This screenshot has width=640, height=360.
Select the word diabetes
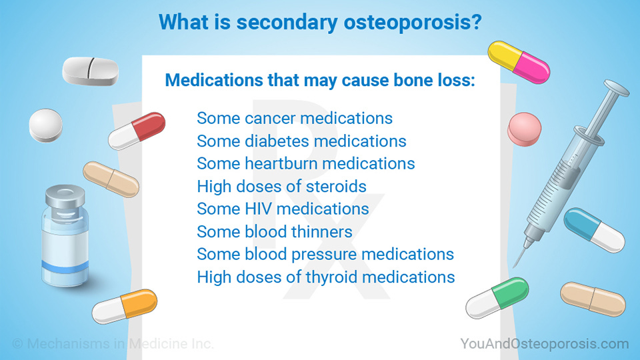(275, 141)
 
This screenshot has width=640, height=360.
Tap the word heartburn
(281, 164)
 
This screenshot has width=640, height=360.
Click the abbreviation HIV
(259, 209)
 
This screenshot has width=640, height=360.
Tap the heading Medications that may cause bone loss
(319, 81)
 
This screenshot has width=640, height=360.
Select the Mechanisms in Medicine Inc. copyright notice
(113, 344)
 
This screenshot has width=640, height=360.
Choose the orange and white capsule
(125, 307)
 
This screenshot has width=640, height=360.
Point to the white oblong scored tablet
(90, 71)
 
